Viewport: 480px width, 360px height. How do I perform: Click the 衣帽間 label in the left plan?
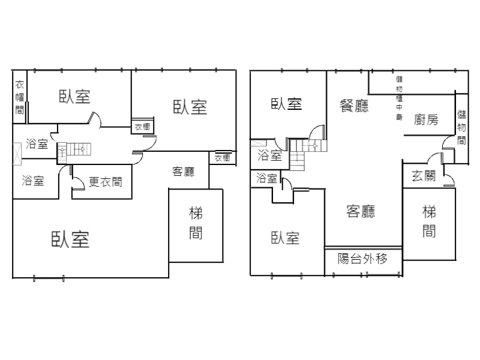click(x=19, y=97)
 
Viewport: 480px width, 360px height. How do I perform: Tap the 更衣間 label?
click(x=105, y=181)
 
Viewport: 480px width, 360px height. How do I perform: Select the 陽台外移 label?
click(x=362, y=259)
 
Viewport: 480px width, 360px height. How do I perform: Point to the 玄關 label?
click(x=423, y=176)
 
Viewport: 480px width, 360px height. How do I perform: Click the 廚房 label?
click(x=426, y=120)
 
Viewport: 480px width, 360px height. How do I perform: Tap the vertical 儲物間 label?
click(x=461, y=127)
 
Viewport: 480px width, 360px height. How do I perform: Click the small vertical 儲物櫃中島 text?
click(x=399, y=97)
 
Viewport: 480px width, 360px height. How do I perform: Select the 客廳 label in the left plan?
click(x=183, y=172)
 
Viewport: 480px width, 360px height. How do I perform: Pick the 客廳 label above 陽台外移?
click(x=361, y=211)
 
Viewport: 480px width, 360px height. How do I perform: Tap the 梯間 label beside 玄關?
click(x=428, y=221)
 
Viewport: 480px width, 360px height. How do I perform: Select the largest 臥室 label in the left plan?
click(x=70, y=239)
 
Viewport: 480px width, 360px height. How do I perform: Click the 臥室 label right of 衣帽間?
click(x=74, y=97)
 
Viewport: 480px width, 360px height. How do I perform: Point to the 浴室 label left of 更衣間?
click(x=32, y=181)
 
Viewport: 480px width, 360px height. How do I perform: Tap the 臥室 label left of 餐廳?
click(x=287, y=104)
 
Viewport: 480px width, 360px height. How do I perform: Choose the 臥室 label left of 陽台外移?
click(x=286, y=238)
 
